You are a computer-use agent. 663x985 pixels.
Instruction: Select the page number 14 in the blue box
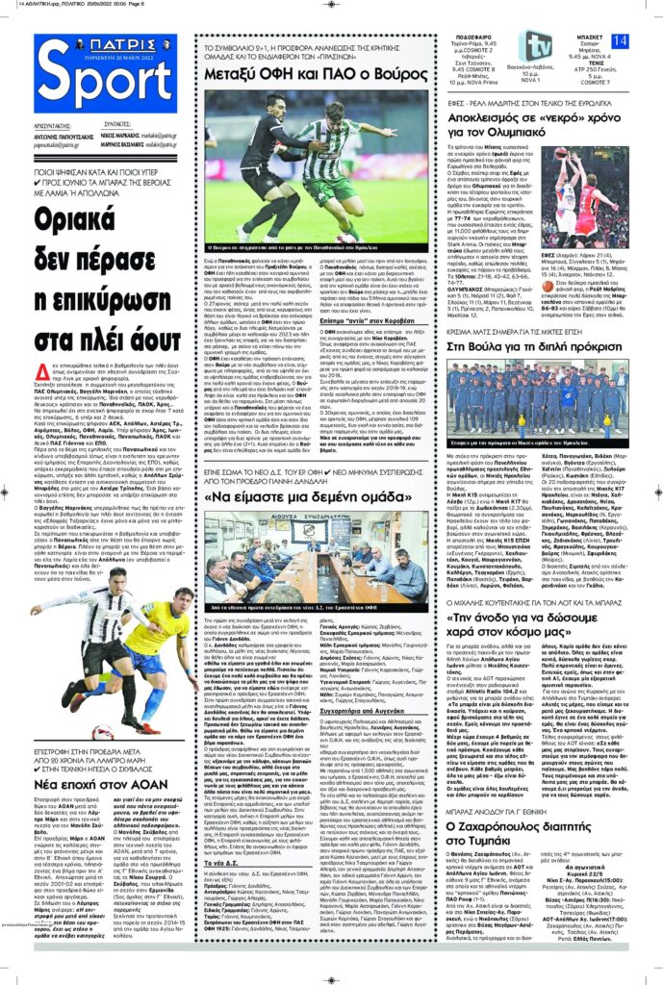[x=619, y=39]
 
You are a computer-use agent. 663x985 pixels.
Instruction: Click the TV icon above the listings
[x=537, y=46]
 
